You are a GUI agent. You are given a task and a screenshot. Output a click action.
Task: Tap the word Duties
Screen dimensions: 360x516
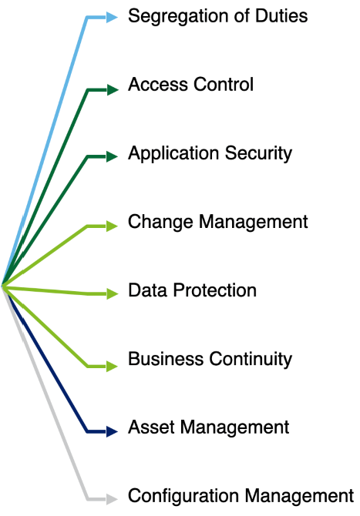[x=281, y=16]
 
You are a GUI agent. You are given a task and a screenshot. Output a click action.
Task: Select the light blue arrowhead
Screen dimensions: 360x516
[x=113, y=17]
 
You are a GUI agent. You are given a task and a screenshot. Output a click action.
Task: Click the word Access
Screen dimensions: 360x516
[x=158, y=84]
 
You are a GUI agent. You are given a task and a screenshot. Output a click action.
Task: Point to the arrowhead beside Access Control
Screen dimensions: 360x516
[x=113, y=89]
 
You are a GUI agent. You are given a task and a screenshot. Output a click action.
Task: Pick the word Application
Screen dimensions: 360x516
[x=173, y=154]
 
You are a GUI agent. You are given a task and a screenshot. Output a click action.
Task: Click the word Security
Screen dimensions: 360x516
[x=258, y=154]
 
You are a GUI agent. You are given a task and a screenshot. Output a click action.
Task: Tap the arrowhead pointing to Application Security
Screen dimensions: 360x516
[x=113, y=156]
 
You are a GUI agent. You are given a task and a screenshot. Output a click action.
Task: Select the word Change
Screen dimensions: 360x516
[x=160, y=222]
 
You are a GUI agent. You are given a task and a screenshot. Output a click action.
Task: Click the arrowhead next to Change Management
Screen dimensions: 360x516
[x=113, y=226]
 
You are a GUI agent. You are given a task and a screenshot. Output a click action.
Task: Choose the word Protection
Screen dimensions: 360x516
[x=215, y=290]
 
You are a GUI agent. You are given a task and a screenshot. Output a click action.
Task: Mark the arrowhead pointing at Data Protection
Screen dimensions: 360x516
[x=113, y=293]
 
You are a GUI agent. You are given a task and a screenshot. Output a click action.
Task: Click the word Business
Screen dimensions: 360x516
[x=166, y=359]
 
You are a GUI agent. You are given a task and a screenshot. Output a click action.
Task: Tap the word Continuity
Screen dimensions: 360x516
[x=251, y=360]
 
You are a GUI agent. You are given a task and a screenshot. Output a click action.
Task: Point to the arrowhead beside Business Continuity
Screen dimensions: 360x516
[x=113, y=366]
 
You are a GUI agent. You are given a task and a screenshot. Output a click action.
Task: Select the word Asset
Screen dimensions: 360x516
[x=151, y=427]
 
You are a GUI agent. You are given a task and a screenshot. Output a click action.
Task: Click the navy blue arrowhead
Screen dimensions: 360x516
[x=113, y=431]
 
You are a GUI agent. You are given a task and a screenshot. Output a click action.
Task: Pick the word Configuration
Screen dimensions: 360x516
[x=183, y=497]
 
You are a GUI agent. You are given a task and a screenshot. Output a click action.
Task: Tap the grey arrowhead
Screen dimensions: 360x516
[x=113, y=499]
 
